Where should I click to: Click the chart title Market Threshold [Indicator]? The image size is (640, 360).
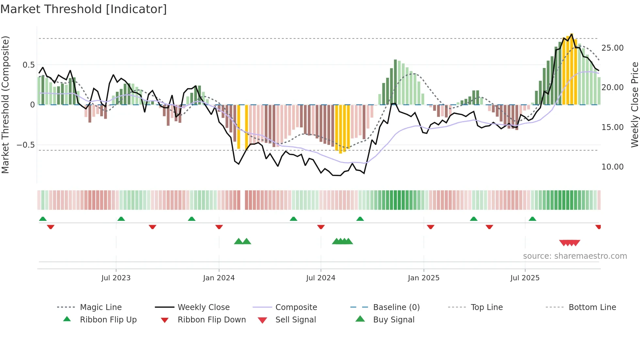coord(84,9)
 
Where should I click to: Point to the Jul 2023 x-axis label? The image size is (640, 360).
coord(116,278)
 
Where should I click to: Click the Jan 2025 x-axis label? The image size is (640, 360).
coord(424,278)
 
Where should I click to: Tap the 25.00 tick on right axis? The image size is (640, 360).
coord(612,48)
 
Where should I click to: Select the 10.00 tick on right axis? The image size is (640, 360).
coord(612,167)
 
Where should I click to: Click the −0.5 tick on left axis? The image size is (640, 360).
coord(25,145)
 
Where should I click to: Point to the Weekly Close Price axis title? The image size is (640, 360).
coord(634,105)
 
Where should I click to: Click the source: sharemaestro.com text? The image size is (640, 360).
coord(575,256)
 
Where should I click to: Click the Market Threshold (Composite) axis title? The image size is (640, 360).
coord(6,105)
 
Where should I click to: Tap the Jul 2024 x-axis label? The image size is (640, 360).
coord(321,278)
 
